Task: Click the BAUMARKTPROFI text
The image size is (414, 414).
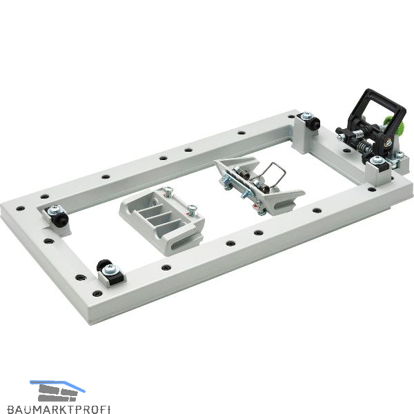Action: tap(59, 408)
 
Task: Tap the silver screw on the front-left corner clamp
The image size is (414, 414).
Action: tap(109, 269)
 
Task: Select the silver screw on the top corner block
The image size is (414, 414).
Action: tap(306, 115)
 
